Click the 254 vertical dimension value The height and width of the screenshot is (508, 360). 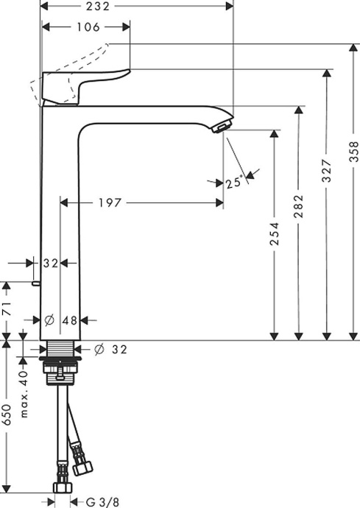click(275, 235)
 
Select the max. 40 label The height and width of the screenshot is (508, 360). click(24, 393)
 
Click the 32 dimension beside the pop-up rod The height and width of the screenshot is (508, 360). click(50, 263)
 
